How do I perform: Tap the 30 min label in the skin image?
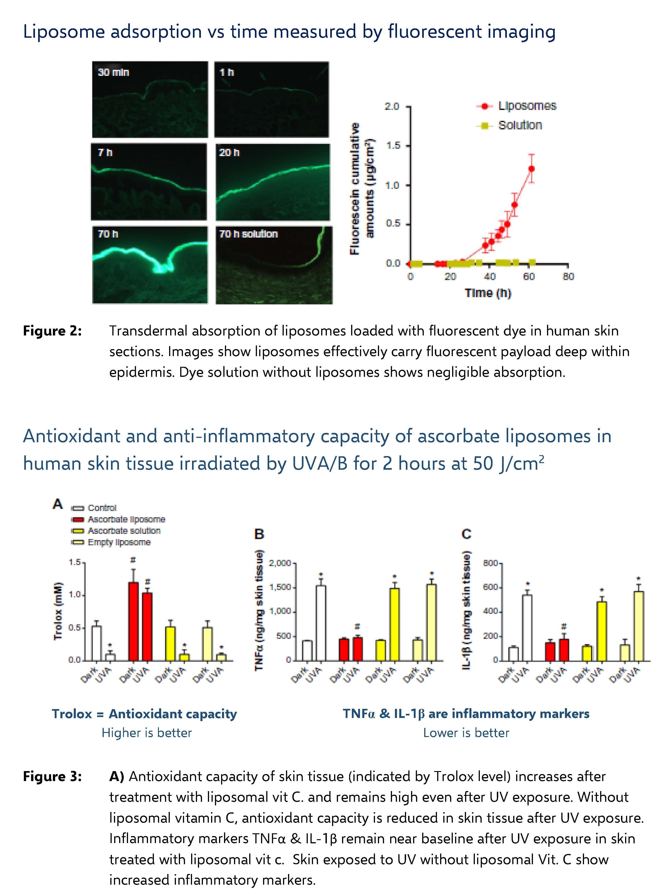click(x=113, y=72)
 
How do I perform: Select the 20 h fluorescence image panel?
click(x=273, y=182)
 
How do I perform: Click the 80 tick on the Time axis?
click(x=568, y=277)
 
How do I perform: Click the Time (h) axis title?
click(x=488, y=293)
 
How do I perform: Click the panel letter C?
click(x=466, y=534)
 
